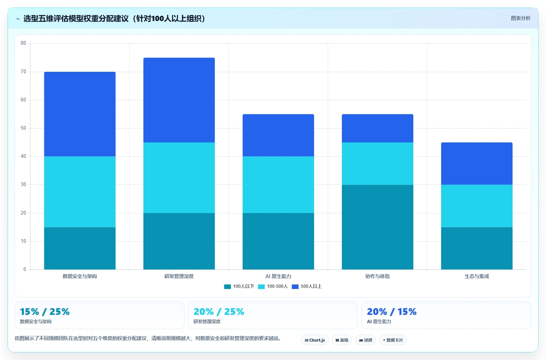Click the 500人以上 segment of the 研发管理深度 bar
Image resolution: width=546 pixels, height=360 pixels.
click(179, 100)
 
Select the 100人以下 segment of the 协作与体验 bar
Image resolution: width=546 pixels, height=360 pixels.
click(377, 227)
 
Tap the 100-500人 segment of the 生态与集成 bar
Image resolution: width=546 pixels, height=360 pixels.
click(476, 206)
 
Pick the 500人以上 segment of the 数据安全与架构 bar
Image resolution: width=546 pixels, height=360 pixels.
click(80, 114)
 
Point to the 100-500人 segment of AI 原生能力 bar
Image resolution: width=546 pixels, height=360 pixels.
click(278, 185)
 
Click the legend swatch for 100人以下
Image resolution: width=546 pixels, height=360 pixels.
click(227, 287)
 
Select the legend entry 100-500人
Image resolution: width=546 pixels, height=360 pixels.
click(273, 286)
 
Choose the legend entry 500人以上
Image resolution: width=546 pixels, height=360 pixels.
click(307, 286)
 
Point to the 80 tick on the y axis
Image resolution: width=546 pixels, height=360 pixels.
click(23, 43)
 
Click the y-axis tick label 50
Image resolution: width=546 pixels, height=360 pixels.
click(23, 128)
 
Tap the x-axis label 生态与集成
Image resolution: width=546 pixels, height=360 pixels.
click(476, 276)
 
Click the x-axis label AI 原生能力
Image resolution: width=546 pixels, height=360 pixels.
click(278, 276)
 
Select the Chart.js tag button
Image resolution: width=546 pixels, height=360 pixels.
click(315, 340)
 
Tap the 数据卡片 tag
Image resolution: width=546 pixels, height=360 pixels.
click(393, 340)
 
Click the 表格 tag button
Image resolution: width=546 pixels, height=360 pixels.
click(342, 340)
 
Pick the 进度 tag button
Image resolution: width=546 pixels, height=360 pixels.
click(365, 340)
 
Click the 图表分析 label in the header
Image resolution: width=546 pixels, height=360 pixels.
click(520, 18)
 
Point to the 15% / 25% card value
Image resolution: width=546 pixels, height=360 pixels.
click(45, 312)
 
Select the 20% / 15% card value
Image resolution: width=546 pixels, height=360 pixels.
click(392, 312)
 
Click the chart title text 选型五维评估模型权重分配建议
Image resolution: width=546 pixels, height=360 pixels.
click(76, 18)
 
